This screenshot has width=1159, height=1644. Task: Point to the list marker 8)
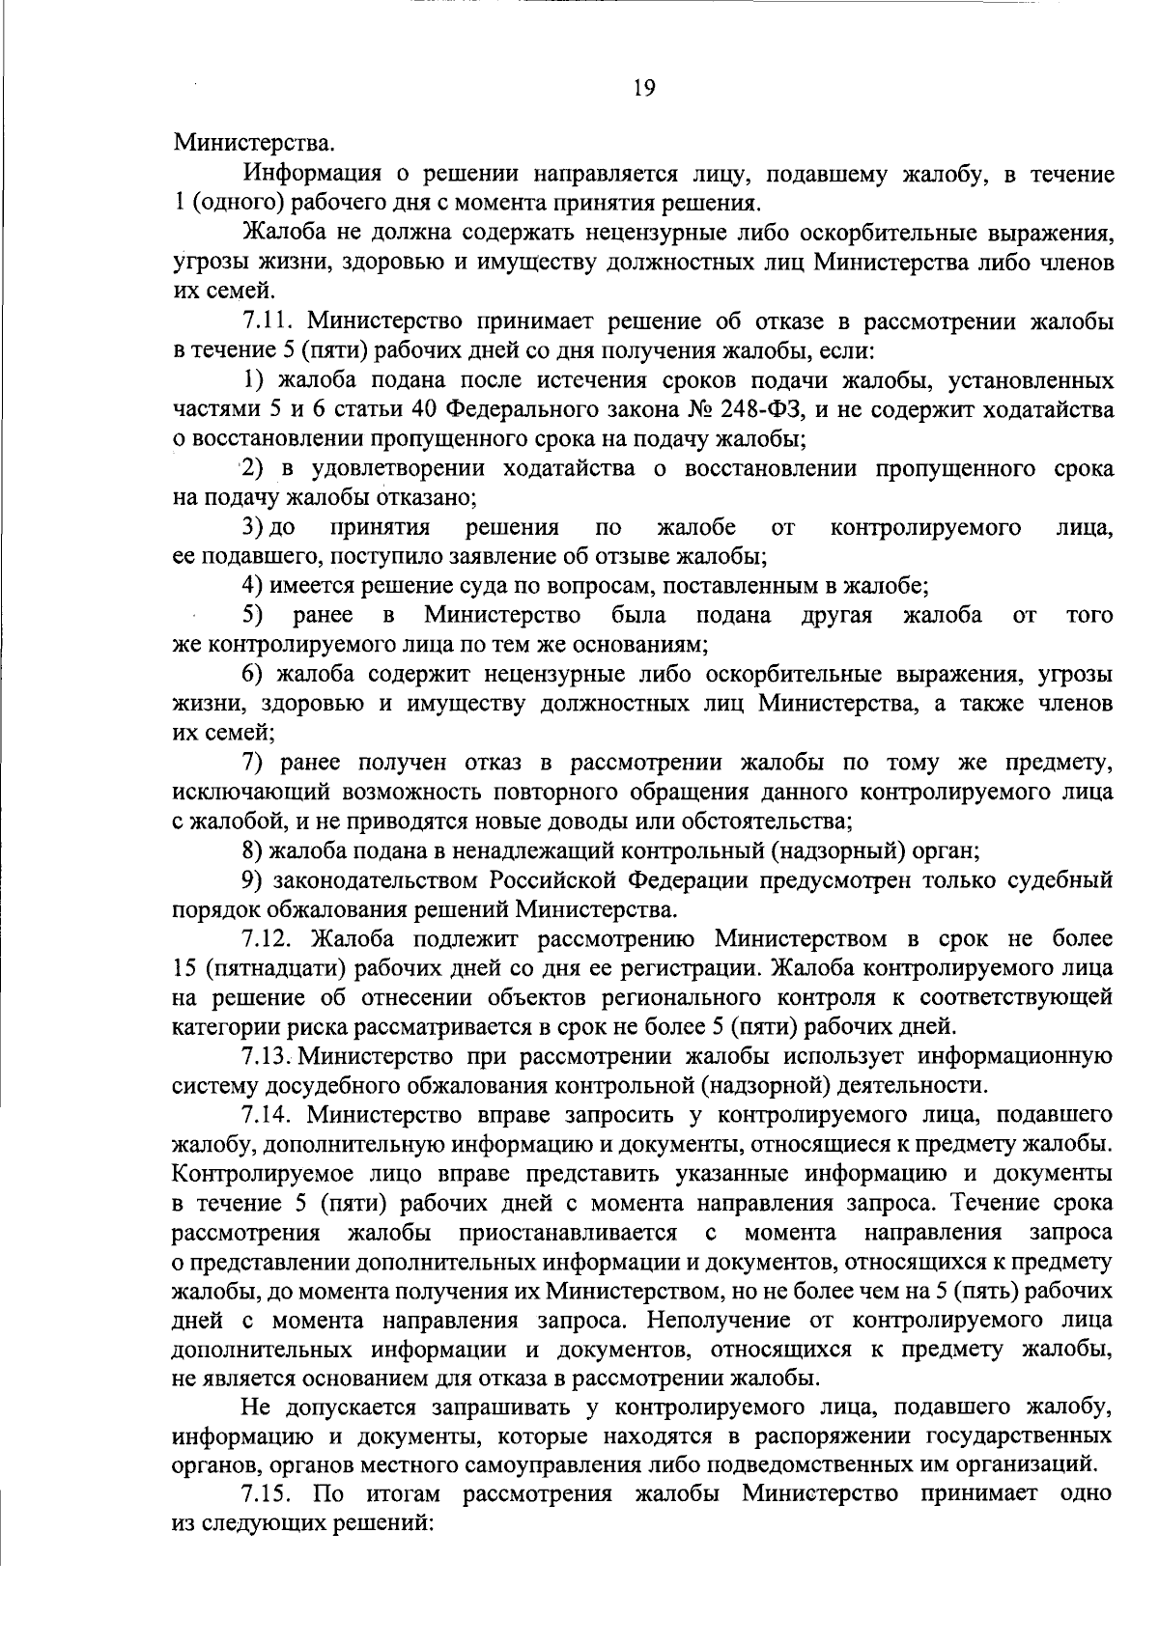254,851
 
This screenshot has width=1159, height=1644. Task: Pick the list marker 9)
254,880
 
